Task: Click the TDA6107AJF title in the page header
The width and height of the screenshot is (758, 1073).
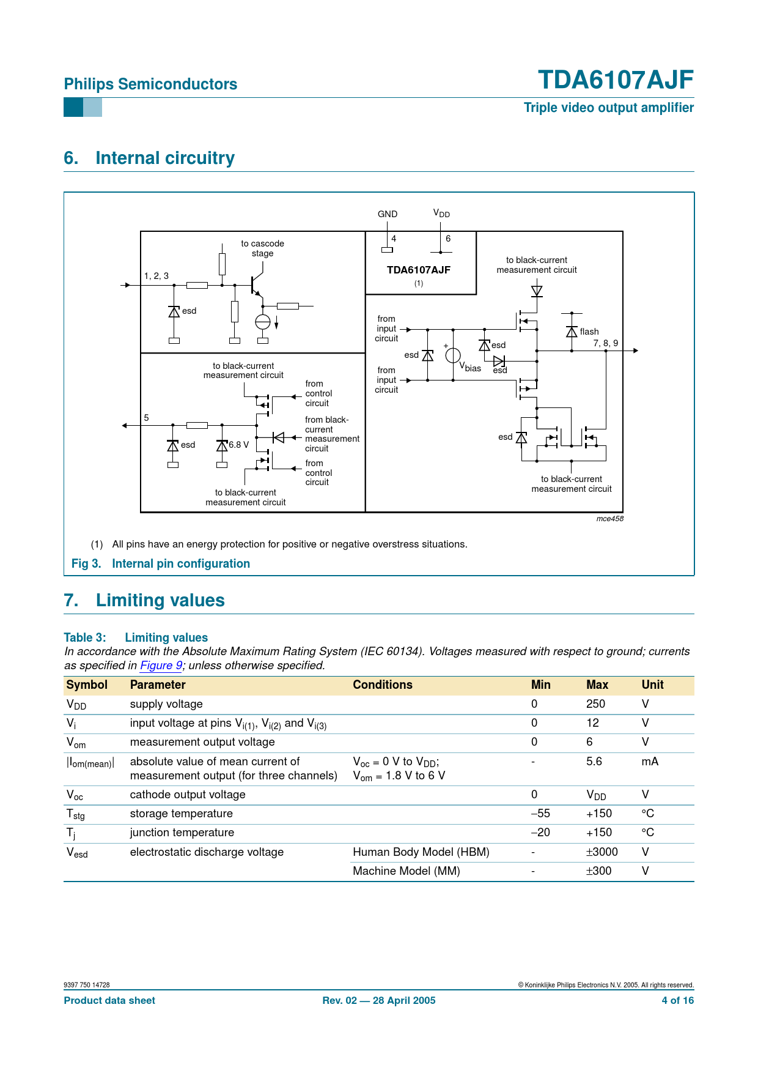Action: click(615, 80)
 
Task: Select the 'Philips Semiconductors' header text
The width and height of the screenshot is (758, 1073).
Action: click(150, 84)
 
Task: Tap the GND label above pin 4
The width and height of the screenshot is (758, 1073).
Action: click(388, 214)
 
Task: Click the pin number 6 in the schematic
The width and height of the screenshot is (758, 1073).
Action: click(448, 239)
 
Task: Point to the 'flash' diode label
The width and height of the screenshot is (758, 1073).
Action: click(589, 332)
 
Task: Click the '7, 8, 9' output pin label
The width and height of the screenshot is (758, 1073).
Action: click(605, 343)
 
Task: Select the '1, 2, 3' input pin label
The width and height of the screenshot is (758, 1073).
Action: click(156, 276)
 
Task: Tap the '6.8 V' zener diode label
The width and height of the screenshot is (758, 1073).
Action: click(238, 445)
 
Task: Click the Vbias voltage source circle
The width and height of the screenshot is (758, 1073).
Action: click(453, 355)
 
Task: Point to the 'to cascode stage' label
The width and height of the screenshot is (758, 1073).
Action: click(262, 248)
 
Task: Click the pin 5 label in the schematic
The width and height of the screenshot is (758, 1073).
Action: click(146, 418)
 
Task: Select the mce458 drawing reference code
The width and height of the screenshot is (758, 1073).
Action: click(609, 519)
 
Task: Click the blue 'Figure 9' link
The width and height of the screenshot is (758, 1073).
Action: click(161, 666)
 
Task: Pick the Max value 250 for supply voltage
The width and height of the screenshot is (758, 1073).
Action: click(595, 704)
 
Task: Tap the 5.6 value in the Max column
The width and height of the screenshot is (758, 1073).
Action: click(594, 762)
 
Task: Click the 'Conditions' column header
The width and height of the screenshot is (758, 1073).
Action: click(382, 685)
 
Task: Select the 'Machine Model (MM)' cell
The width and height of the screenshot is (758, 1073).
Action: click(406, 871)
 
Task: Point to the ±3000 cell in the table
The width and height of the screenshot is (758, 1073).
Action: click(602, 852)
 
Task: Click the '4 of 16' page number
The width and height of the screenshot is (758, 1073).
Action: click(677, 1001)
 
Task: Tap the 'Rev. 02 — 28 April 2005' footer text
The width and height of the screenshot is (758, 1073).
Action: click(379, 1001)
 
